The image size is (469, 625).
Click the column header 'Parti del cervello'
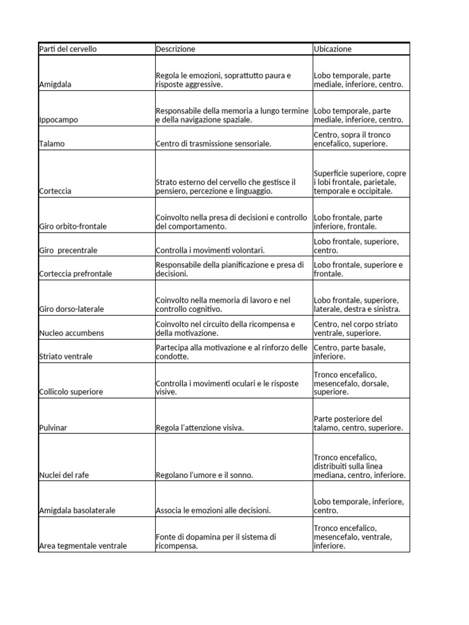coord(68,49)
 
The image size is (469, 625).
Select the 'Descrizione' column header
coord(176,49)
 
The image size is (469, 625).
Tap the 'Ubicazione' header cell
coord(333,49)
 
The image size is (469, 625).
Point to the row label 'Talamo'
coord(51,144)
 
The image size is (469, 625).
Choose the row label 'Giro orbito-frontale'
coord(73,226)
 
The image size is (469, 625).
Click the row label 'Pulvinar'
coord(53,428)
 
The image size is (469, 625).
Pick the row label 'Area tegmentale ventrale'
coord(82,546)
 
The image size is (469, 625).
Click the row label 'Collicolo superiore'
coord(70,392)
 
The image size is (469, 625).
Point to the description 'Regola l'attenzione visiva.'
coord(200,428)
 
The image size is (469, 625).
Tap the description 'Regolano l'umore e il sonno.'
coord(204,475)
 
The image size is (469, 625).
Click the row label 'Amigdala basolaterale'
coord(77,510)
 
